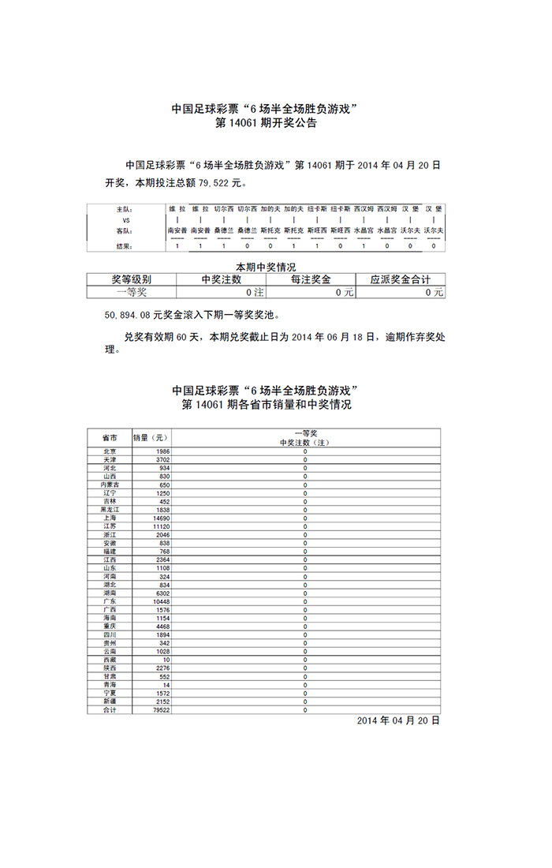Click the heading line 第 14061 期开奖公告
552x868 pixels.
pos(267,124)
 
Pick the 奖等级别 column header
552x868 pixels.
pos(131,279)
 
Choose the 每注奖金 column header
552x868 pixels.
pos(311,279)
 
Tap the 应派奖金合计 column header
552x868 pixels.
pos(401,279)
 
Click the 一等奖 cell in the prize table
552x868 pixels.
pos(131,292)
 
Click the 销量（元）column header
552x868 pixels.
pos(150,437)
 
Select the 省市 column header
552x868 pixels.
pos(110,437)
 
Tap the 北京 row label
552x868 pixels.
pos(110,451)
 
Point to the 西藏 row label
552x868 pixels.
pos(110,659)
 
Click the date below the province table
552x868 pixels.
pos(397,721)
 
